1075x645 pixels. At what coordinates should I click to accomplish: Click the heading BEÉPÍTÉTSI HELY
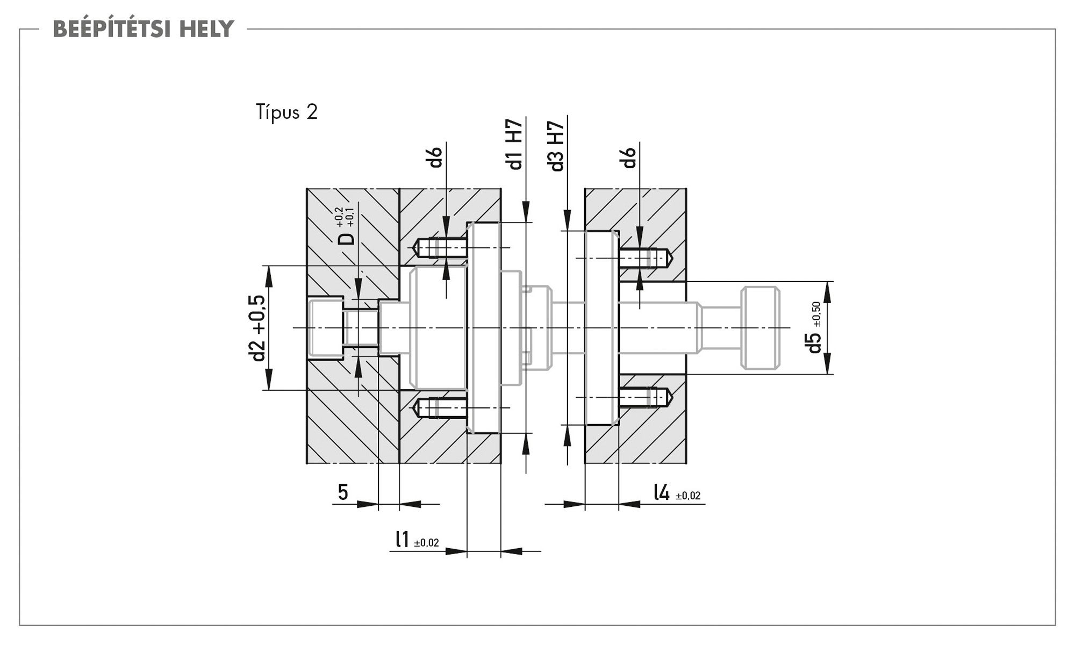[144, 29]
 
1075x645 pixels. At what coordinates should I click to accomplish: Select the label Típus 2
[287, 112]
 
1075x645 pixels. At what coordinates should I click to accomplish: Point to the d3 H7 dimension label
[557, 146]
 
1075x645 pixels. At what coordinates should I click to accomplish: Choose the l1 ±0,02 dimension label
[417, 540]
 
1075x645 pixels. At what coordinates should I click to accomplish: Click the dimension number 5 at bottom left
[343, 492]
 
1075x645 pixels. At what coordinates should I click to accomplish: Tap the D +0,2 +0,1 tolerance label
[348, 226]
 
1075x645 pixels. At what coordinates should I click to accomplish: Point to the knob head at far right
[760, 328]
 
